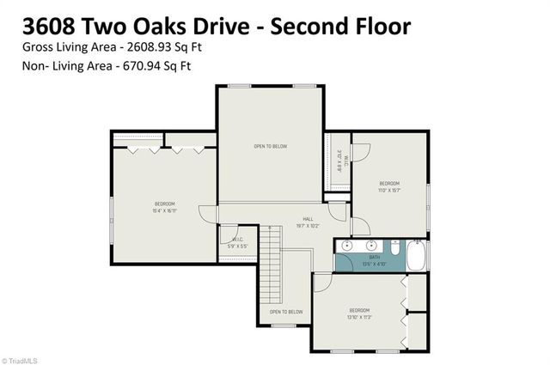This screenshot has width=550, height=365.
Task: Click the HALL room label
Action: [x=307, y=219]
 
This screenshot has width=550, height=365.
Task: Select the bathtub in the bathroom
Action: [x=415, y=255]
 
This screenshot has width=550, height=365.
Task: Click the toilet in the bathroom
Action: [x=393, y=248]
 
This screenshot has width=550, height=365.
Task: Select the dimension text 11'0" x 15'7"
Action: [x=389, y=191]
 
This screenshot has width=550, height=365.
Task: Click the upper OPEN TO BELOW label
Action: [x=269, y=147]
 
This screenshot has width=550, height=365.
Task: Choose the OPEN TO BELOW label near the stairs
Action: [x=286, y=312]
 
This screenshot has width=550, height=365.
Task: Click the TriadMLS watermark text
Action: [x=22, y=359]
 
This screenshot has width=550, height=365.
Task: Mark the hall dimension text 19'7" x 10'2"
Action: [x=307, y=227]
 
